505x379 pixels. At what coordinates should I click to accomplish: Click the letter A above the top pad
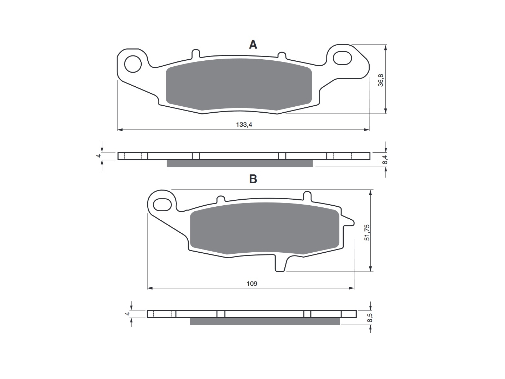click(x=253, y=45)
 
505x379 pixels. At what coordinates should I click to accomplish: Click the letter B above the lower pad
click(x=253, y=179)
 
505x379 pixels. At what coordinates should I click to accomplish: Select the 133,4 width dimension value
click(x=244, y=125)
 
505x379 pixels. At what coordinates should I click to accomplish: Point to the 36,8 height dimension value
click(x=381, y=80)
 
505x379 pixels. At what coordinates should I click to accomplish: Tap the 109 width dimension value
click(x=252, y=284)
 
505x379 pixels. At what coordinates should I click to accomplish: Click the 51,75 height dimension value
click(x=367, y=232)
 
